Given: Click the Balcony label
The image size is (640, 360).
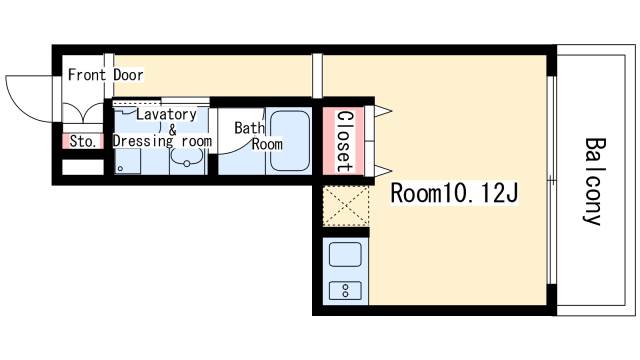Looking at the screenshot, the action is (x=594, y=182).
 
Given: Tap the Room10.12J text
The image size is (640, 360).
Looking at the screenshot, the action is (x=454, y=193).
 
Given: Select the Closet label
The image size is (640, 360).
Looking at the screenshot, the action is (x=344, y=141).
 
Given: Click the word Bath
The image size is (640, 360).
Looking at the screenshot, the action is (x=249, y=128).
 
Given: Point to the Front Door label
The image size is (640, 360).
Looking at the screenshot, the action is (x=105, y=75).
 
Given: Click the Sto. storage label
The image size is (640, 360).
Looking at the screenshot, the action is (x=83, y=141).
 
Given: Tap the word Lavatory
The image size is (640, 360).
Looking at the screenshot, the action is (x=166, y=114).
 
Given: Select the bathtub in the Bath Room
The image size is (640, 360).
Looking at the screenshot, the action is (x=290, y=141).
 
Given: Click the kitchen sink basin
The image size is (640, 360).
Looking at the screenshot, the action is (x=345, y=254).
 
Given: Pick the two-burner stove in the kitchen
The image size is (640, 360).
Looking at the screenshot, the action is (x=345, y=290).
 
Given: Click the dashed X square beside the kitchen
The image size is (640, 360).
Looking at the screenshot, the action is (x=346, y=206).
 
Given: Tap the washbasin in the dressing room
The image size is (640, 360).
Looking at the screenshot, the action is (x=187, y=158).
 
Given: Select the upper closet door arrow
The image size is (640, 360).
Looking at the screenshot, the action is (x=383, y=111).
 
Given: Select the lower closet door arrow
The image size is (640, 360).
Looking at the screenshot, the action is (x=383, y=171).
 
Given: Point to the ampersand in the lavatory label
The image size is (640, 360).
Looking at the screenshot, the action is (x=173, y=130).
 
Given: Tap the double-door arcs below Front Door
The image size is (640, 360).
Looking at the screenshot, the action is (x=83, y=113).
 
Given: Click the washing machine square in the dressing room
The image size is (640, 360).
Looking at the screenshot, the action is (x=128, y=161).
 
